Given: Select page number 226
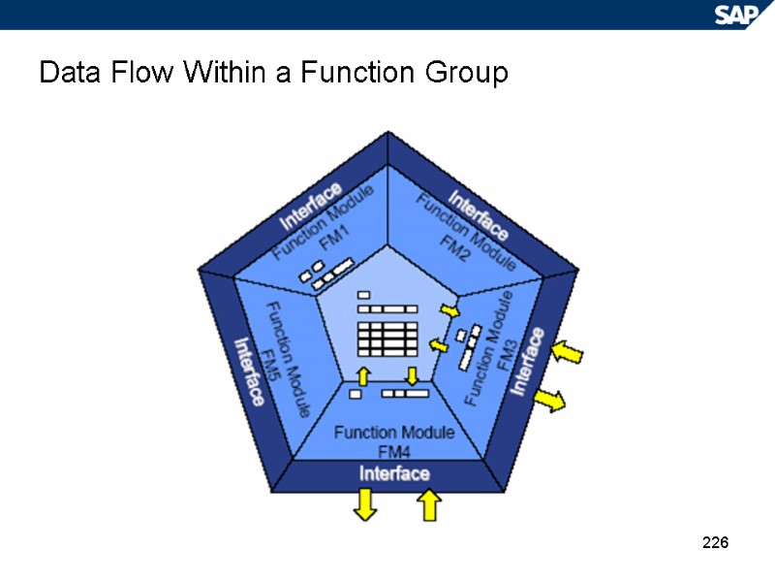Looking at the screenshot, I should click(x=714, y=541).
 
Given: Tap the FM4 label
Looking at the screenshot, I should click(x=394, y=449).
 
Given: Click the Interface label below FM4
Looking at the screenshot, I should click(x=394, y=473).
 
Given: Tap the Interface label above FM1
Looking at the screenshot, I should click(x=311, y=204).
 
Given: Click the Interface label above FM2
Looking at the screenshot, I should click(x=479, y=215).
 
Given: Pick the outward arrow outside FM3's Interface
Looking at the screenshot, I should click(x=550, y=399).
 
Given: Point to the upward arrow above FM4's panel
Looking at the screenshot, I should click(x=364, y=376).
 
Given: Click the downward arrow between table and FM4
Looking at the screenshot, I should click(x=412, y=374).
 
